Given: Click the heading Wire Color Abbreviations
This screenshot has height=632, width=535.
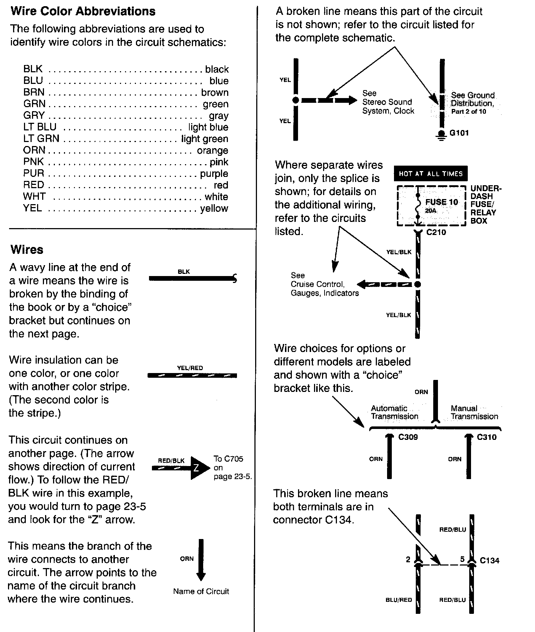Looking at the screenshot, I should pos(83,11).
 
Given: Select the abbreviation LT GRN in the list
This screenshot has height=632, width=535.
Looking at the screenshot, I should pos(41,138).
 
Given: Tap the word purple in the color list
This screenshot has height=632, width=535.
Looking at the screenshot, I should pos(214,173).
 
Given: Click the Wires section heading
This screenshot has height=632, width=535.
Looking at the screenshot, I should pos(27,250).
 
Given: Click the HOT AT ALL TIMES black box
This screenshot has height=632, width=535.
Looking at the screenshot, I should pos(431,174).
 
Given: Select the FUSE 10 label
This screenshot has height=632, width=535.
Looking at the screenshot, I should pos(442,202).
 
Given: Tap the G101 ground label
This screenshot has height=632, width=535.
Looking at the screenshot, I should pos(459,133).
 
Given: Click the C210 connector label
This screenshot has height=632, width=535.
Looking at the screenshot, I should pos(436,232).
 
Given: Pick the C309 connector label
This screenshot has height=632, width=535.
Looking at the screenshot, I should pos(408,437).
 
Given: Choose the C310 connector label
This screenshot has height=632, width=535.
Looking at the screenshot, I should pos(487,437).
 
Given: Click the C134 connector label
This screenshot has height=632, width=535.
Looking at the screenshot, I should pos(490,560).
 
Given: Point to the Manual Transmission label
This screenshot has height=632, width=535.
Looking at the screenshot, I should pos(474,412).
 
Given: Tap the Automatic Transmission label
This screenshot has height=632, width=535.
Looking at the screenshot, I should pos(394,412).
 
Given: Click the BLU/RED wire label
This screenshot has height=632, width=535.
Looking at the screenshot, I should pos(399,600).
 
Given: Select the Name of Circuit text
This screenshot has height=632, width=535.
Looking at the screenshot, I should pos(201,591).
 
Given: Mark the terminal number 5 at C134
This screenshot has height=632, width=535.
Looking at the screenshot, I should pos(462,559).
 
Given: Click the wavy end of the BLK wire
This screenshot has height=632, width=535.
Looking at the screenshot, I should pos(235,279).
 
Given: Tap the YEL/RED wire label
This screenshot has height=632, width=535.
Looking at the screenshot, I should pos(190,368).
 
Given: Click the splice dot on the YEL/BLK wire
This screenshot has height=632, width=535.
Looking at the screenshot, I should pos(418,284).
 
